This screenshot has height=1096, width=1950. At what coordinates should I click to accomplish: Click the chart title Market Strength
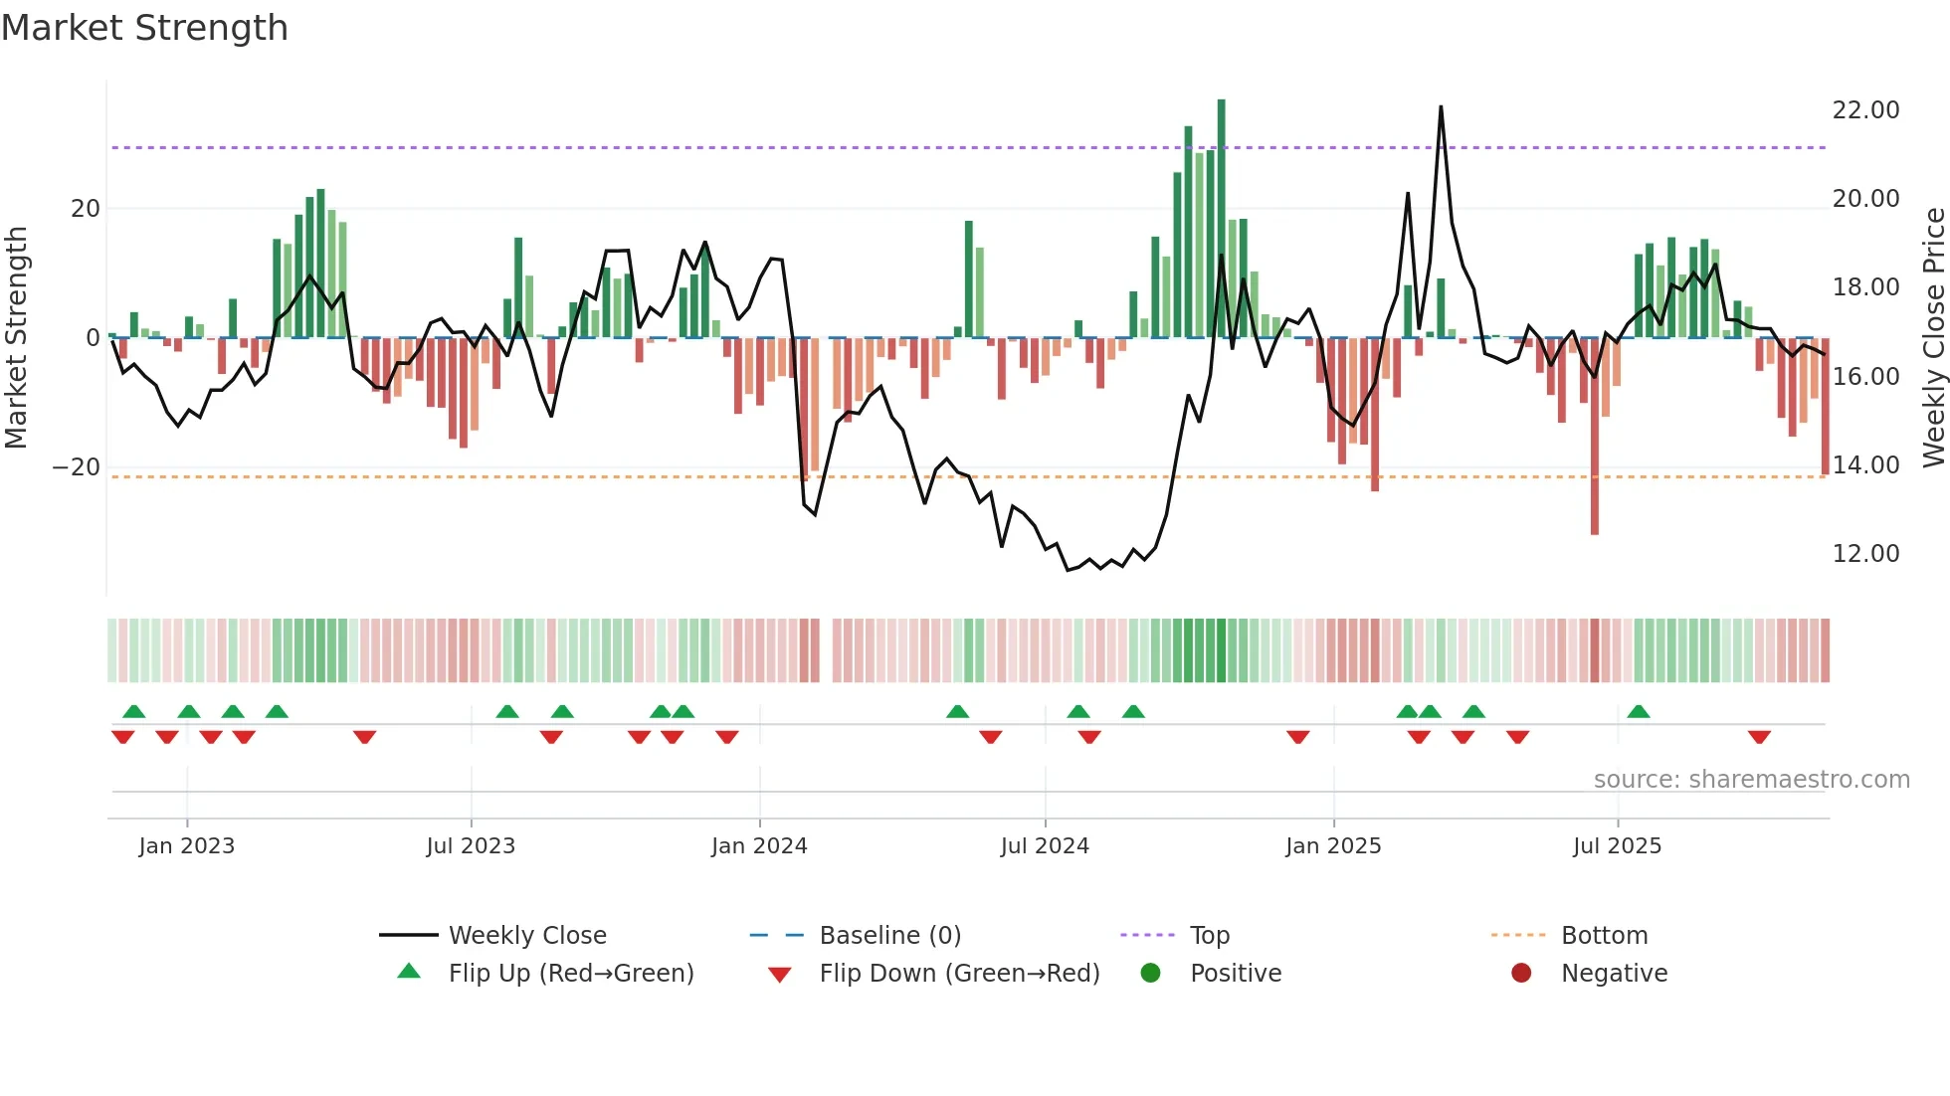[144, 28]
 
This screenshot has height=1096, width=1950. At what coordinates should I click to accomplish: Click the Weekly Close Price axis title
[1933, 337]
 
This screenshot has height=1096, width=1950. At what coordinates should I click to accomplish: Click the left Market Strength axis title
[16, 337]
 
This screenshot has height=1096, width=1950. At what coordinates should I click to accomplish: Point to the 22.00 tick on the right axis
[1865, 110]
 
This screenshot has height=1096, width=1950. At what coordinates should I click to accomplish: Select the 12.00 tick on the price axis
[1865, 554]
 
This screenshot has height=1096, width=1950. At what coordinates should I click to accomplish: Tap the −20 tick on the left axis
[77, 467]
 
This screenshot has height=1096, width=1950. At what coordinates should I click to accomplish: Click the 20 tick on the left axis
[86, 209]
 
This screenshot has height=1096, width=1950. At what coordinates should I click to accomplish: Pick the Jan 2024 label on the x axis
[759, 846]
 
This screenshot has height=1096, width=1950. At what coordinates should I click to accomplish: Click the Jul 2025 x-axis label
[1617, 846]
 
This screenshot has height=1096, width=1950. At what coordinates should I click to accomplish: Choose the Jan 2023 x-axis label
[187, 846]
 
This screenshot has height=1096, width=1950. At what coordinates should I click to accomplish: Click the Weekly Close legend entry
[526, 936]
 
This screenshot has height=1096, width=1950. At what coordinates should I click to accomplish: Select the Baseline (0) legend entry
[889, 936]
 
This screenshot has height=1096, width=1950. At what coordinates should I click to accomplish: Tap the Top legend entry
[1209, 936]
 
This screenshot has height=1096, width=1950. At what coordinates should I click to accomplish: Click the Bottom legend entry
[1604, 936]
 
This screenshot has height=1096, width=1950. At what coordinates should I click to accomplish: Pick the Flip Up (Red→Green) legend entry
[570, 974]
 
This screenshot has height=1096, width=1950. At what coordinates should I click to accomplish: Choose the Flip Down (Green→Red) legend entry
[959, 974]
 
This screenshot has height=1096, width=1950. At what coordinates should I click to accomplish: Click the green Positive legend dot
[1150, 974]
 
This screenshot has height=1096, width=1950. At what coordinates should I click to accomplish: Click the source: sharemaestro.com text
[1751, 780]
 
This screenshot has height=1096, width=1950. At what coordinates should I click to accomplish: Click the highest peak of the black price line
[1441, 107]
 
